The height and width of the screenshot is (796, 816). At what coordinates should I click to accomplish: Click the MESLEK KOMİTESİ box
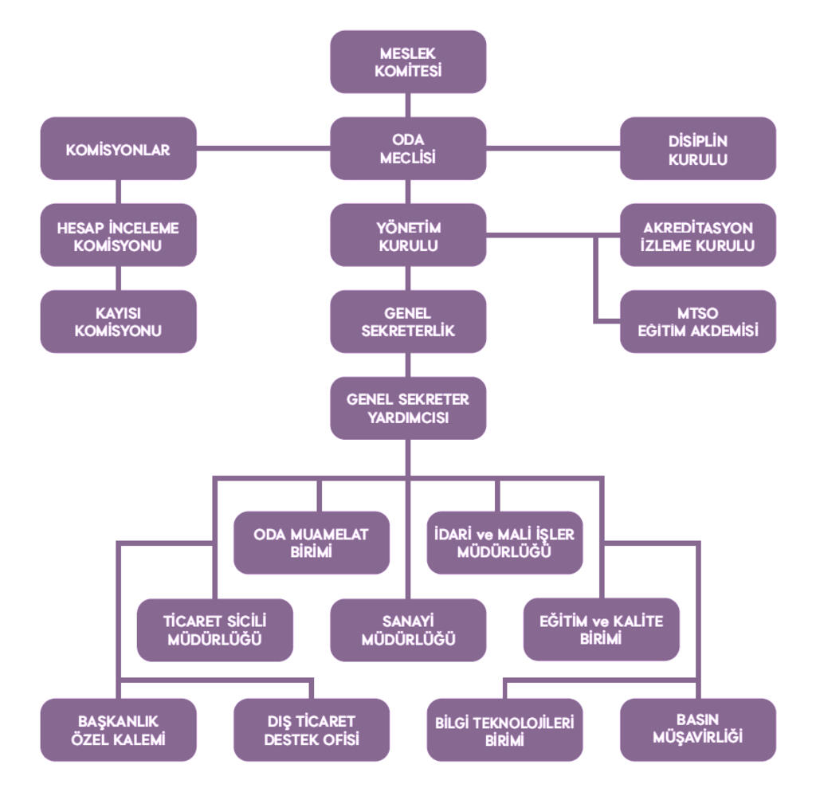(x=408, y=62)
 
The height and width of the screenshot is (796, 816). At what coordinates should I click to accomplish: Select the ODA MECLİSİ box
(x=408, y=149)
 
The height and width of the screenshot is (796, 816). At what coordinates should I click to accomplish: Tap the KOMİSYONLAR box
(x=118, y=149)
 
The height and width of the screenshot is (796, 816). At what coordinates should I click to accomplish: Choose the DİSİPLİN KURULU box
(x=698, y=149)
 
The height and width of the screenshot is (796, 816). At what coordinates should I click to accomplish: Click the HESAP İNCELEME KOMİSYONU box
(x=118, y=236)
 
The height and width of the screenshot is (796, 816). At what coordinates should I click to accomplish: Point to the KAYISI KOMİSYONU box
(x=118, y=322)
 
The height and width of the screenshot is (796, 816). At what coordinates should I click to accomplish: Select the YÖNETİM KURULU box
(x=408, y=236)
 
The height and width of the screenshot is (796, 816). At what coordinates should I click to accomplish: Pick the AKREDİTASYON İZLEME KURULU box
(x=698, y=236)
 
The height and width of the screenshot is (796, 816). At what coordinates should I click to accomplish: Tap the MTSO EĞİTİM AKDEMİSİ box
(x=698, y=322)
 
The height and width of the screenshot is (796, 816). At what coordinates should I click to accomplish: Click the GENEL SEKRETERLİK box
(x=408, y=322)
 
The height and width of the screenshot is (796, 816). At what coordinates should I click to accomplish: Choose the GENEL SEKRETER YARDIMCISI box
(x=408, y=408)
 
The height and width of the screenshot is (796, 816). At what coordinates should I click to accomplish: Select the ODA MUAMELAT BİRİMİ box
(x=312, y=543)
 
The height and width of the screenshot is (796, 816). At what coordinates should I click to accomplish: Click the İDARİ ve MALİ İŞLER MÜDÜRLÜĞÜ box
(x=504, y=543)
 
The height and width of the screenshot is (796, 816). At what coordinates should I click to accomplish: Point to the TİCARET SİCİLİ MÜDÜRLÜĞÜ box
(x=215, y=629)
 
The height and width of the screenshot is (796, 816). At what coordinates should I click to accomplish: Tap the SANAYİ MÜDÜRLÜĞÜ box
(x=408, y=629)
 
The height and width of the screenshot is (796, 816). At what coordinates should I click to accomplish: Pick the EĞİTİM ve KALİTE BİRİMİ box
(x=602, y=629)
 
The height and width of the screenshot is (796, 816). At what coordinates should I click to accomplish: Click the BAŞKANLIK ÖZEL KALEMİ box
(x=118, y=730)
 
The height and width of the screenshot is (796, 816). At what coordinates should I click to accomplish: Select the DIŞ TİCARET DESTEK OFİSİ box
(x=312, y=730)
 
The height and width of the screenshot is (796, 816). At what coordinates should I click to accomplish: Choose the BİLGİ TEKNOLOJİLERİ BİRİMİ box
(x=504, y=730)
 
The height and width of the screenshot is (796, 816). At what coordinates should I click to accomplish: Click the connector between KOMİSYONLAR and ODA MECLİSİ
(x=263, y=147)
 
